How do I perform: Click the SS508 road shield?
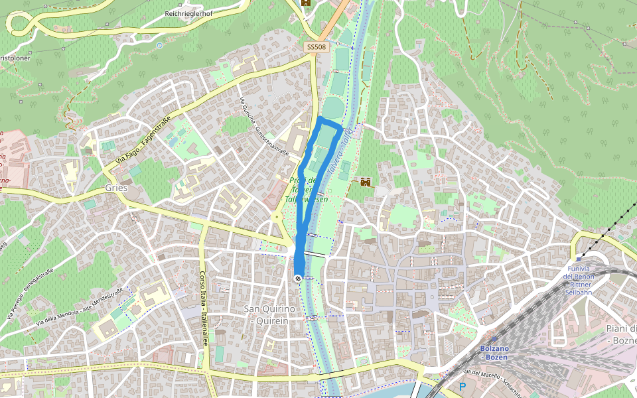[x=316, y=47]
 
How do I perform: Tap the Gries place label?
[x=116, y=188]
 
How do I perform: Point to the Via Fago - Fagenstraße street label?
[x=143, y=140]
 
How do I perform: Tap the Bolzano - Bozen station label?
[x=496, y=353]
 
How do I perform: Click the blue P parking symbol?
[x=462, y=386]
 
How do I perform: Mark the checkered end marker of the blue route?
[x=298, y=279]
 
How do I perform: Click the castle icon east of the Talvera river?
[x=365, y=182]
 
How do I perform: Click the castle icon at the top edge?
[x=305, y=3]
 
